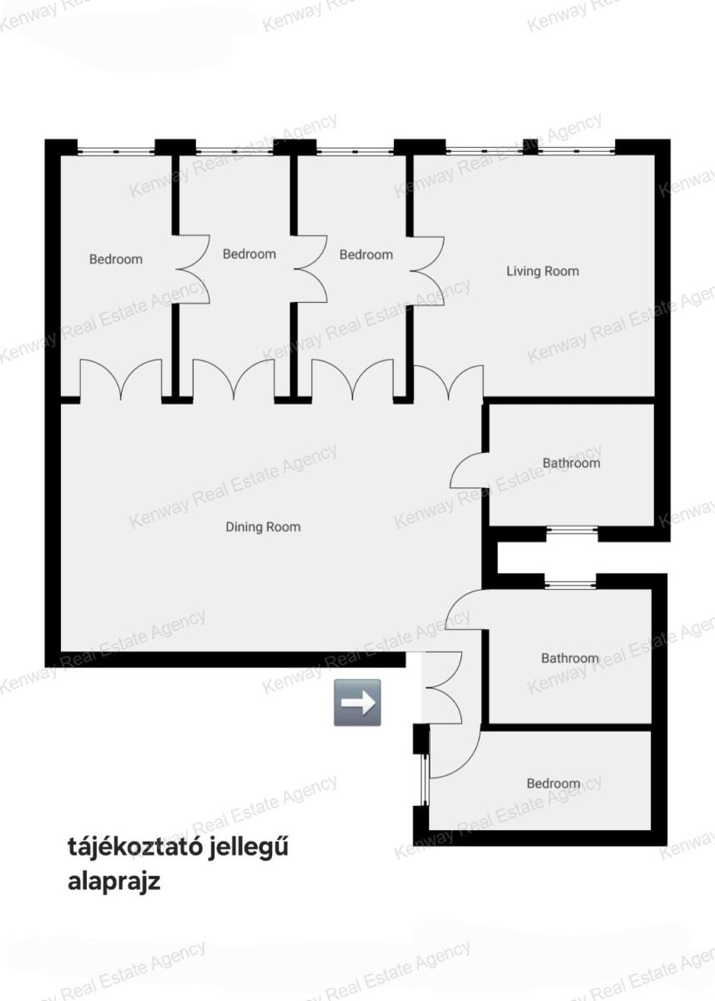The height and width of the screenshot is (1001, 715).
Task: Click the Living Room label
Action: (x=542, y=271)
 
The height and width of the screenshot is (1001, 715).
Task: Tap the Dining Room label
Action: (x=263, y=527)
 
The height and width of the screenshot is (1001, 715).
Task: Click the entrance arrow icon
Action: (x=357, y=702)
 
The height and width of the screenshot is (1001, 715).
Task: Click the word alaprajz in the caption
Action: (x=114, y=883)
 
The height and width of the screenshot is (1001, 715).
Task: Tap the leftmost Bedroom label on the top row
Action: (x=116, y=259)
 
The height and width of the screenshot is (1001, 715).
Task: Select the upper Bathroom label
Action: (x=571, y=463)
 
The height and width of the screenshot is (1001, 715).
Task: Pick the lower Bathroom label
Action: (x=570, y=658)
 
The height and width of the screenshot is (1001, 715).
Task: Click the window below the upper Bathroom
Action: (x=572, y=530)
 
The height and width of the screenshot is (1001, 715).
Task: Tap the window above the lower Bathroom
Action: (x=570, y=584)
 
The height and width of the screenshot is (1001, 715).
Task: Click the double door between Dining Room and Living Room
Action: (x=449, y=383)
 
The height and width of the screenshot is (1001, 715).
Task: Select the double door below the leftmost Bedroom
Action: (x=121, y=379)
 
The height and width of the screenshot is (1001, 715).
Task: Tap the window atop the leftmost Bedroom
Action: (x=116, y=152)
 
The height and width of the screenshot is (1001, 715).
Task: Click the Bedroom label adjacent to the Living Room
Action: (x=366, y=254)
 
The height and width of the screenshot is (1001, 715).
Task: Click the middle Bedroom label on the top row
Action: (x=249, y=254)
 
